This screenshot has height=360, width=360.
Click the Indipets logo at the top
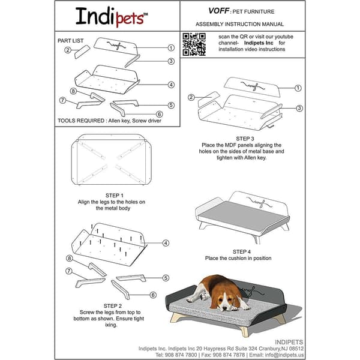(110, 16)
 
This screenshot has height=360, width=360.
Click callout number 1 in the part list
(171, 47)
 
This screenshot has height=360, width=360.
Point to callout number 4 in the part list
(171, 85)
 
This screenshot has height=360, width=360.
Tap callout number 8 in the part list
(73, 91)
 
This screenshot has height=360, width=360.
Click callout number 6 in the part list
(160, 113)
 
